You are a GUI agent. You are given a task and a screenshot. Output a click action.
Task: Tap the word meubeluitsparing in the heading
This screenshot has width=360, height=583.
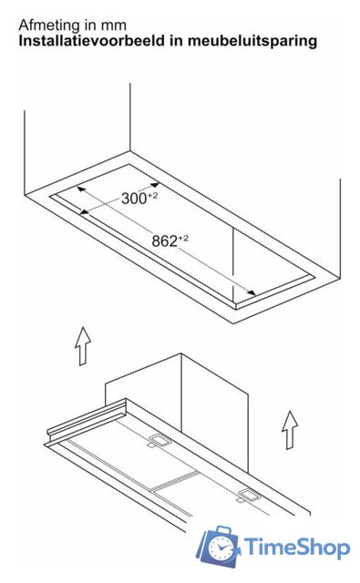252,41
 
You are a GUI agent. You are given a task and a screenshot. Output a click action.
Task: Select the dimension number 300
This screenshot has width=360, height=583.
134,199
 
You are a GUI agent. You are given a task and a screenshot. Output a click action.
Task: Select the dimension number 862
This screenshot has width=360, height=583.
164,241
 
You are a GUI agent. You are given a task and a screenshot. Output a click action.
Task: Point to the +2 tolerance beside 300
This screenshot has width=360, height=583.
152,196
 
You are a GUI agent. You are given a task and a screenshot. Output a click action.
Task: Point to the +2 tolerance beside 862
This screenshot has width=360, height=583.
183,239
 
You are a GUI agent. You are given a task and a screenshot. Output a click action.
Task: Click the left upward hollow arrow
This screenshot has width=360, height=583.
83,346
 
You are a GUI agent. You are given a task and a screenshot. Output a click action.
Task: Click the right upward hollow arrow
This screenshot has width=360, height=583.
290,430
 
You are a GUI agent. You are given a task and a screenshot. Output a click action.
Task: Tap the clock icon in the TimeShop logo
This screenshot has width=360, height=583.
221,547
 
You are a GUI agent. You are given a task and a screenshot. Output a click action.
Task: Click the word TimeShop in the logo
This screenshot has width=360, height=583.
297,547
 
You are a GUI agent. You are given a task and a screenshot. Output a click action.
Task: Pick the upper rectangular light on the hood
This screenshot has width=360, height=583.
159,441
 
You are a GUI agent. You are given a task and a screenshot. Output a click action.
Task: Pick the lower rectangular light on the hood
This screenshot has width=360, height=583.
250,496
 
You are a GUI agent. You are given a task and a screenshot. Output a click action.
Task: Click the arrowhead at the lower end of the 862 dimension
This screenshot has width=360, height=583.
251,292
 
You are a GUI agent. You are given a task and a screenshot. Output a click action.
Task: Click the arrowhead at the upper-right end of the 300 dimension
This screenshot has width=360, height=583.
155,185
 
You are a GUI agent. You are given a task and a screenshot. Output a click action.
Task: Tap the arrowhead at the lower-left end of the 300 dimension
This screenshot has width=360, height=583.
85,212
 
